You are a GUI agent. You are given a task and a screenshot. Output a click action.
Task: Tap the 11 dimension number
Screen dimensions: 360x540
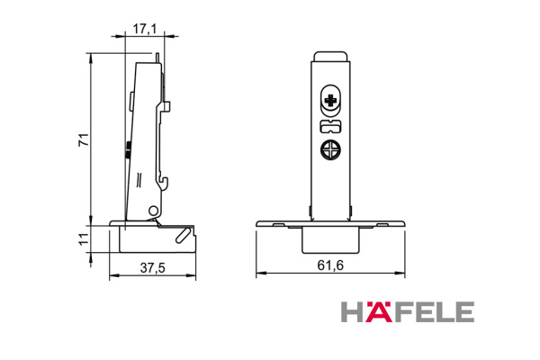pyautogui.click(x=82, y=238)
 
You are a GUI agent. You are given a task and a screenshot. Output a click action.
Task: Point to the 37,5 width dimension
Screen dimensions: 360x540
pyautogui.click(x=153, y=267)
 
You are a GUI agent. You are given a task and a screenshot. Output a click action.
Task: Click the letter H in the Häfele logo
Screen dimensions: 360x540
pyautogui.click(x=353, y=311)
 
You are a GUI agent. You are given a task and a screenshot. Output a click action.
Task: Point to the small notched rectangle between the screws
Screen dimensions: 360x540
pyautogui.click(x=331, y=125)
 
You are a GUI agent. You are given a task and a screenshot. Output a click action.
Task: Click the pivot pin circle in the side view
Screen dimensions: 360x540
pyautogui.click(x=154, y=210)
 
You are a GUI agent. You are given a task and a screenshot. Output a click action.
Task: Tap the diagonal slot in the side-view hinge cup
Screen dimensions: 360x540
pyautogui.click(x=184, y=234)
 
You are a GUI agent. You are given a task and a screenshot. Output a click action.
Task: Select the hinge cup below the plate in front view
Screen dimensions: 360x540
pyautogui.click(x=331, y=238)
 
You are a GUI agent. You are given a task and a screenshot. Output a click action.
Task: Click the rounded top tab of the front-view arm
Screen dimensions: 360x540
pyautogui.click(x=331, y=56)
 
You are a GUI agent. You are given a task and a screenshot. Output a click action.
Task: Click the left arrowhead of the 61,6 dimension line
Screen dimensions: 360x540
pyautogui.click(x=259, y=274)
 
